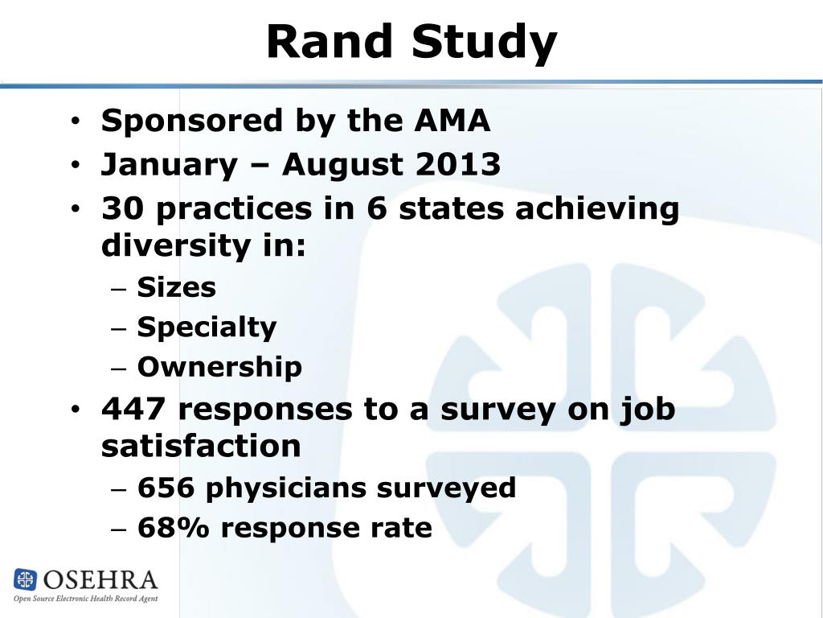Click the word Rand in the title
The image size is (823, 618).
(330, 42)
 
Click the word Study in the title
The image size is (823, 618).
(484, 42)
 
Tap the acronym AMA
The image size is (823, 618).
(452, 121)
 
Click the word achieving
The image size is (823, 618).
(598, 209)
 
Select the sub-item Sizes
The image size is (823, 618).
(176, 287)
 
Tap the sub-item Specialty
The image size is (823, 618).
(207, 328)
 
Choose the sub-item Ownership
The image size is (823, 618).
(219, 367)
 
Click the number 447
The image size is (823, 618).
(133, 410)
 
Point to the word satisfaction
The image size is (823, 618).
(201, 446)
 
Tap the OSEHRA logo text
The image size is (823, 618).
(100, 579)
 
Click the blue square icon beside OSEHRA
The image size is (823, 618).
(26, 579)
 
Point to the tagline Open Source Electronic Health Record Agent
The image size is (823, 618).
(85, 599)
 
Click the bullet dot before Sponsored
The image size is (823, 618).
(75, 122)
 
